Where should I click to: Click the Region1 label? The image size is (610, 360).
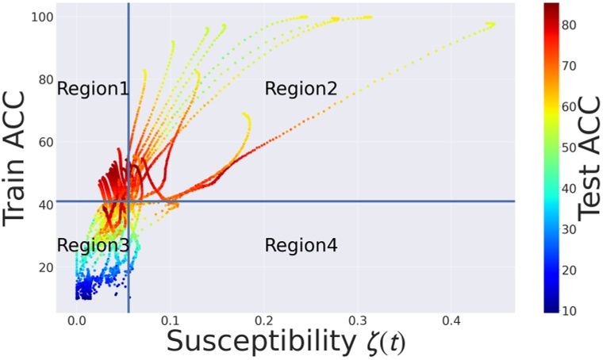[92, 89]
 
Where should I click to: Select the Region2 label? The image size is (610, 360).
[301, 89]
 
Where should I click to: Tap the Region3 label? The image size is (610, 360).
[92, 245]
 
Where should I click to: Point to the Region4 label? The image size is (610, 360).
[301, 245]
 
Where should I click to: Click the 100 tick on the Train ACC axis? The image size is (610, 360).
[42, 17]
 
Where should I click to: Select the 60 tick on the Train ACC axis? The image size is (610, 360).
[45, 142]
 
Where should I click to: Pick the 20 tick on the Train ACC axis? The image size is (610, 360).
[45, 267]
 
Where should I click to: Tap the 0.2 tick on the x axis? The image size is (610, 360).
[264, 323]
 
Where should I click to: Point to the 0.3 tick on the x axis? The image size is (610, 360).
[357, 323]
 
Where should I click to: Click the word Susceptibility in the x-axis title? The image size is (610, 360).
[255, 343]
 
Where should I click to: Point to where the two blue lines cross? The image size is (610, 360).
[129, 201]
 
